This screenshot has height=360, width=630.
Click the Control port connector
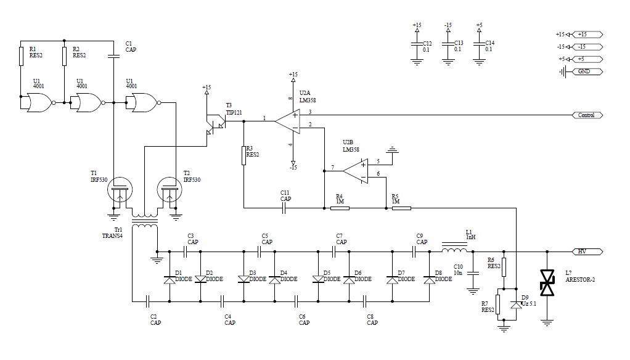click(587, 115)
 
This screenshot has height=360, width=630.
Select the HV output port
click(587, 252)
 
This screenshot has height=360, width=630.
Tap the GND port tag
click(587, 72)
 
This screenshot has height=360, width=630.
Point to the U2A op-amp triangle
click(287, 121)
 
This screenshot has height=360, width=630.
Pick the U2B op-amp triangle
click(355, 171)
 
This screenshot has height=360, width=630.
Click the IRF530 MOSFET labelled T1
click(120, 190)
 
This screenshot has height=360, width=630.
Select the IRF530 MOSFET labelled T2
click(169, 190)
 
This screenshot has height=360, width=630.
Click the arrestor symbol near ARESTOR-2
click(547, 283)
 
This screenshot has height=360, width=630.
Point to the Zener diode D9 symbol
click(516, 305)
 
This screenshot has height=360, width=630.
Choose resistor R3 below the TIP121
click(244, 155)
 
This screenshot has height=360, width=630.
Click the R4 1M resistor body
click(340, 208)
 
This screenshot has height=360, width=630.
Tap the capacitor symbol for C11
click(284, 208)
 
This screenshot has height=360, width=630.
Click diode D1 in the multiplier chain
click(170, 280)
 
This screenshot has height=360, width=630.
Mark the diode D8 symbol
click(430, 280)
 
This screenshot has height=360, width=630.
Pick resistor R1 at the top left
click(22, 56)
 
